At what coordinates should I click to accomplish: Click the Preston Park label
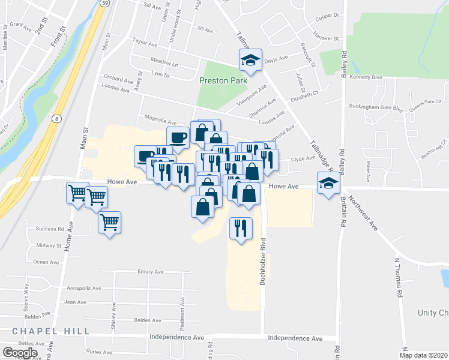click(223, 80)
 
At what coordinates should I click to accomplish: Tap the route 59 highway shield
click(104, 3)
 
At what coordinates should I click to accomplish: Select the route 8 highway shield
click(56, 119)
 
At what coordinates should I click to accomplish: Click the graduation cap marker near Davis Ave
click(250, 59)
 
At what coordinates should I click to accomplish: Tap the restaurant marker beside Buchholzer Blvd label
click(240, 228)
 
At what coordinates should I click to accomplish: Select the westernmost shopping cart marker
click(77, 193)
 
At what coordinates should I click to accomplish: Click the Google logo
click(20, 353)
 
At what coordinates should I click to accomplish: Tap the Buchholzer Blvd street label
click(262, 263)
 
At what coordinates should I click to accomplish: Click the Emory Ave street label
click(150, 272)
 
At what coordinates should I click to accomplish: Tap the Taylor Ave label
click(145, 44)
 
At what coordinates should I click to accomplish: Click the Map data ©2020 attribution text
click(423, 355)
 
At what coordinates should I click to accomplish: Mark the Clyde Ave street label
click(303, 158)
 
